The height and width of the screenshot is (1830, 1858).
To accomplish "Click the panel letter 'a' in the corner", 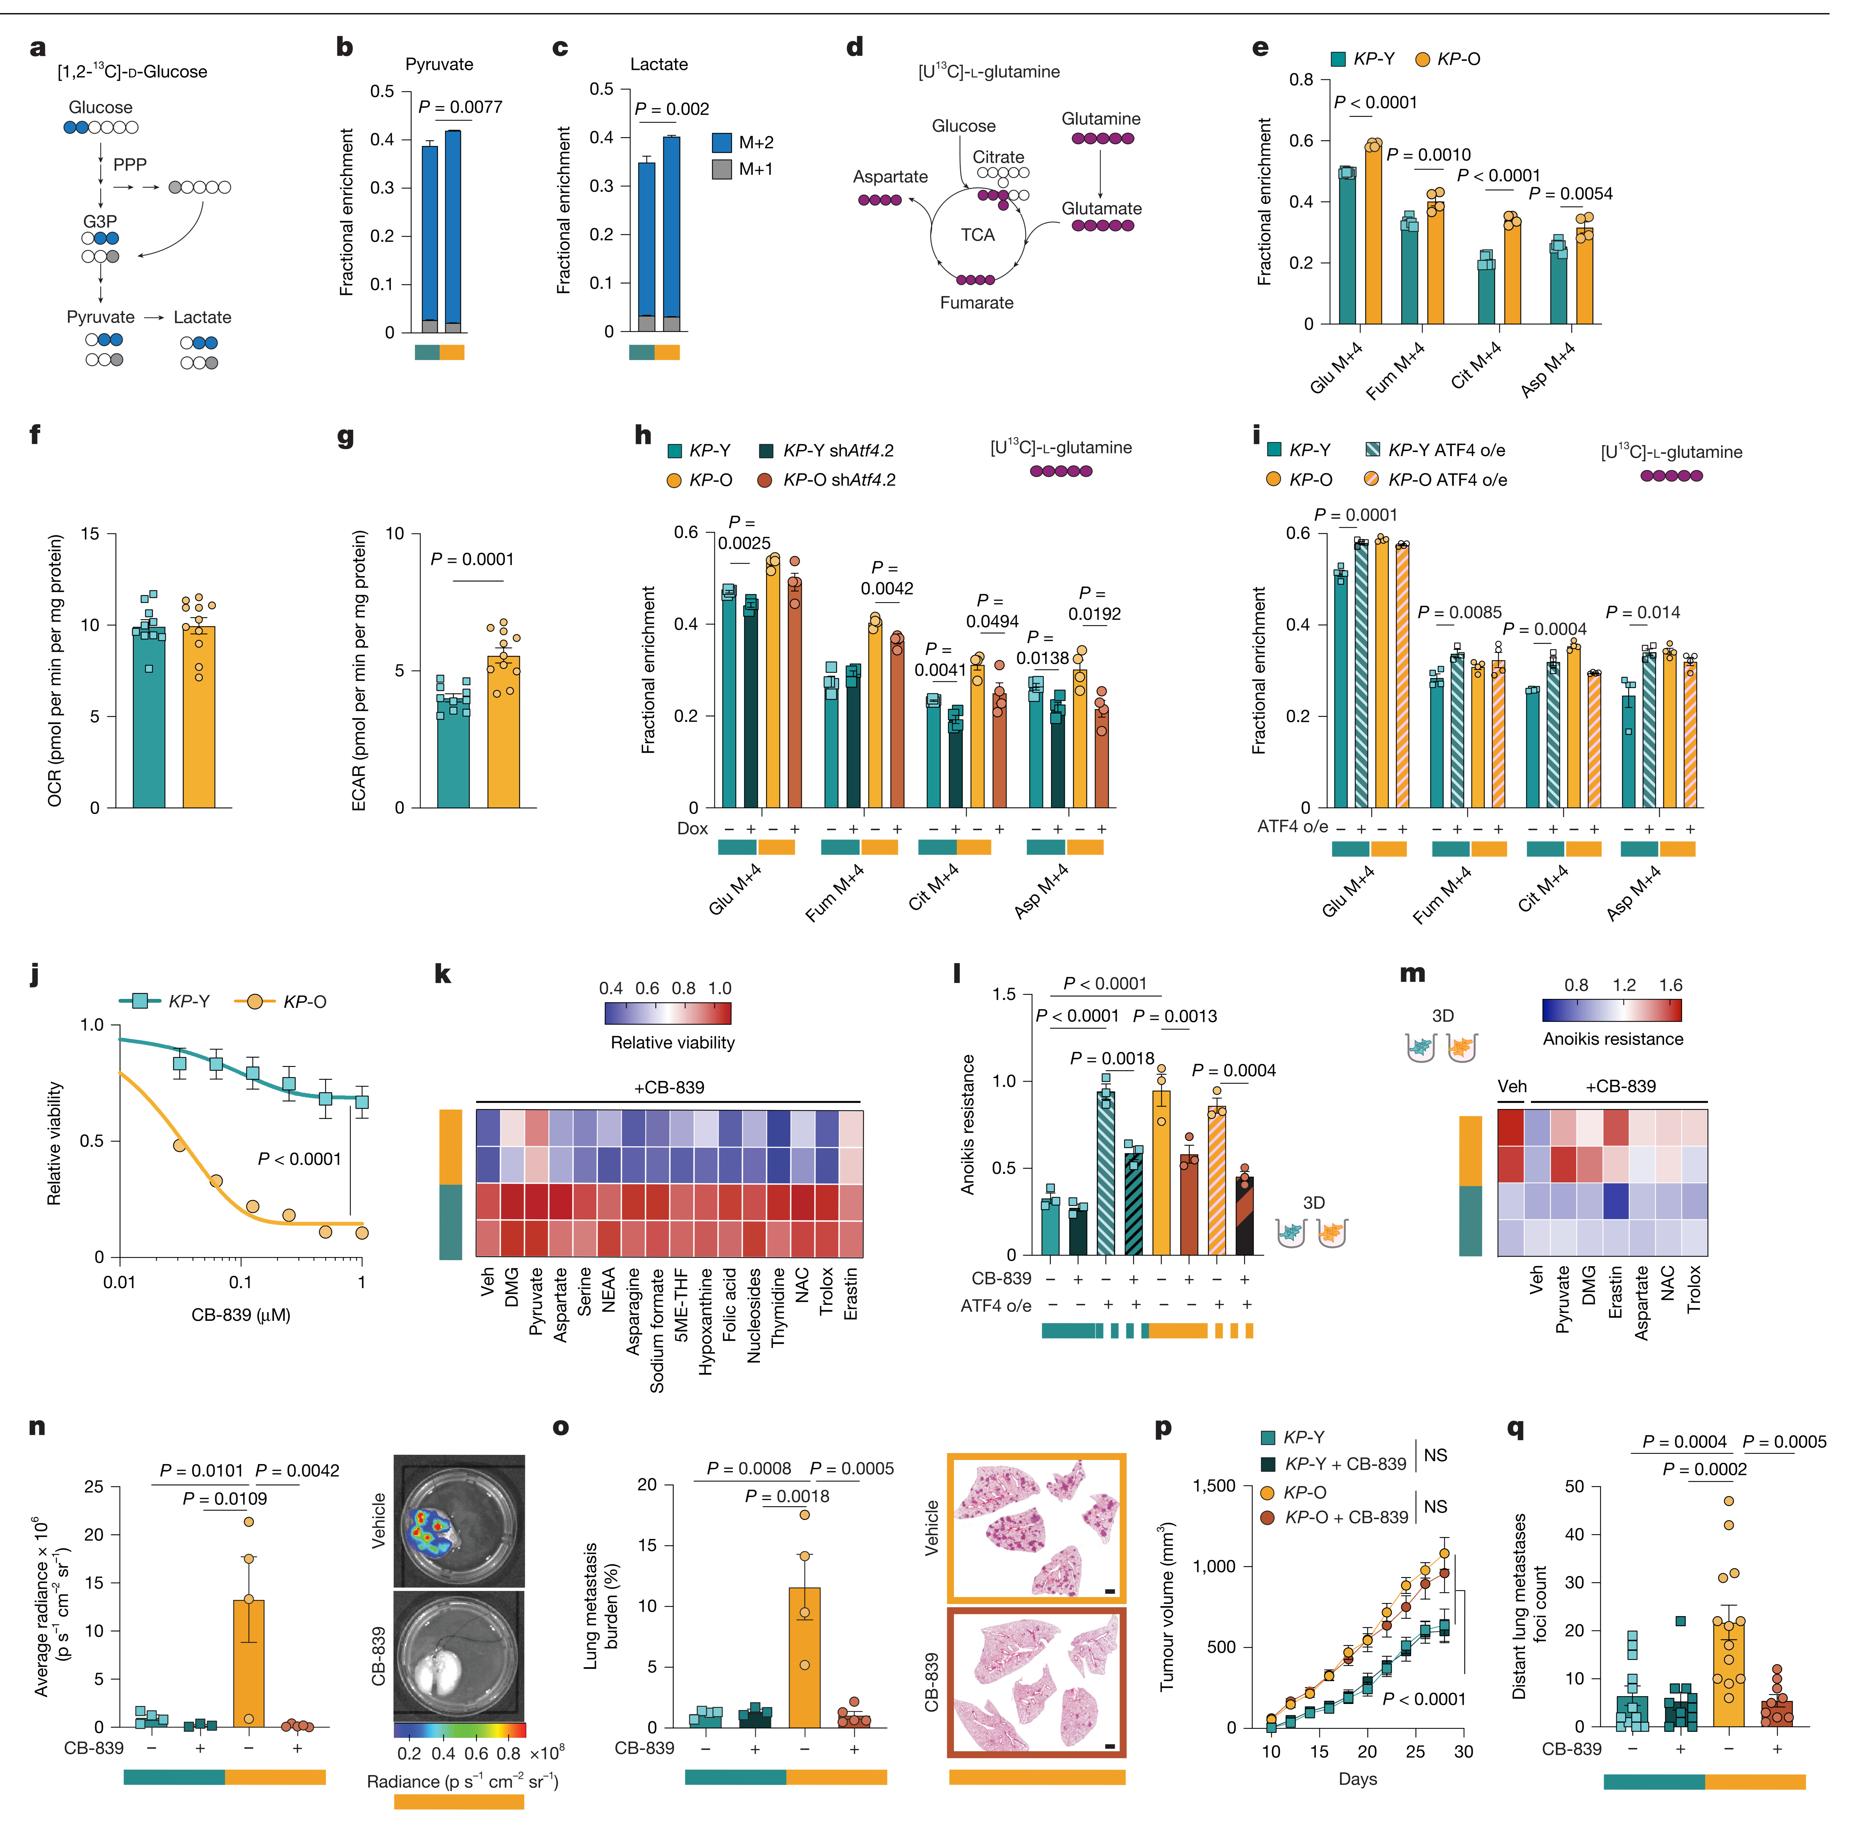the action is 37,48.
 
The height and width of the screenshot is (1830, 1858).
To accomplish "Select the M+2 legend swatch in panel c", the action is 721,142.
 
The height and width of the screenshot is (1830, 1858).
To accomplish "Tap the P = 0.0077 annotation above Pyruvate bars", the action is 460,107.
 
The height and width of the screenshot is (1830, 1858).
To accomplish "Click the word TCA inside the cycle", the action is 977,235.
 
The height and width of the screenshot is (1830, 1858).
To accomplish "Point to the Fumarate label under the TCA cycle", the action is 976,303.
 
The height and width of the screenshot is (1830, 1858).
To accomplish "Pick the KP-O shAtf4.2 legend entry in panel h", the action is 826,480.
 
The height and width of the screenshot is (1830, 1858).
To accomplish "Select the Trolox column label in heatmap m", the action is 1694,1289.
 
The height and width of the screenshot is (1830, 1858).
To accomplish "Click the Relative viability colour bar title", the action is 672,1043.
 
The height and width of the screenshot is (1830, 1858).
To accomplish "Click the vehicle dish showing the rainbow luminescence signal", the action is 459,1521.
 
